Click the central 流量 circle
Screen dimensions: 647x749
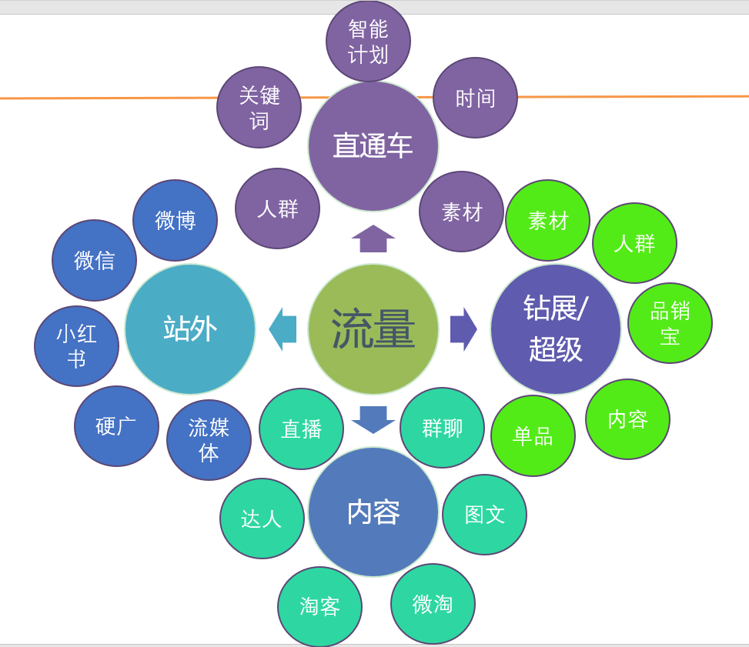[x=373, y=329]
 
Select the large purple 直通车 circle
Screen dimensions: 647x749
[x=373, y=146]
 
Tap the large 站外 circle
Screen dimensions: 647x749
[x=190, y=329]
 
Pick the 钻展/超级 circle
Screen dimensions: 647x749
[x=556, y=329]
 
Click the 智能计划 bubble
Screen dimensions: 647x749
[x=368, y=42]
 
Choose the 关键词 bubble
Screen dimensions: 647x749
[x=259, y=107]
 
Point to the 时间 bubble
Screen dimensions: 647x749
[x=475, y=98]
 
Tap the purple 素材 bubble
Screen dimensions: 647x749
[x=461, y=212]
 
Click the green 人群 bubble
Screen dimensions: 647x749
[x=634, y=243]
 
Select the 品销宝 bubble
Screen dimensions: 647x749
[x=670, y=323]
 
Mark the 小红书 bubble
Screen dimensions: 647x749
[x=76, y=346]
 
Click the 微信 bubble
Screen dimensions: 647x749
[x=94, y=260]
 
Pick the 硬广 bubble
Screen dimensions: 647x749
[x=116, y=426]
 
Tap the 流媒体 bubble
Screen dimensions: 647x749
[x=209, y=440]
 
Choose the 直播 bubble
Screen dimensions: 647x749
[x=301, y=429]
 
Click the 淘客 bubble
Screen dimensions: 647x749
[x=319, y=607]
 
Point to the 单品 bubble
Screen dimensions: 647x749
[x=533, y=435]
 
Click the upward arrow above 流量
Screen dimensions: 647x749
[x=373, y=238]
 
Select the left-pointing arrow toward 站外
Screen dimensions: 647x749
[x=283, y=329]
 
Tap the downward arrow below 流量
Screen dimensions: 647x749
[x=373, y=419]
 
